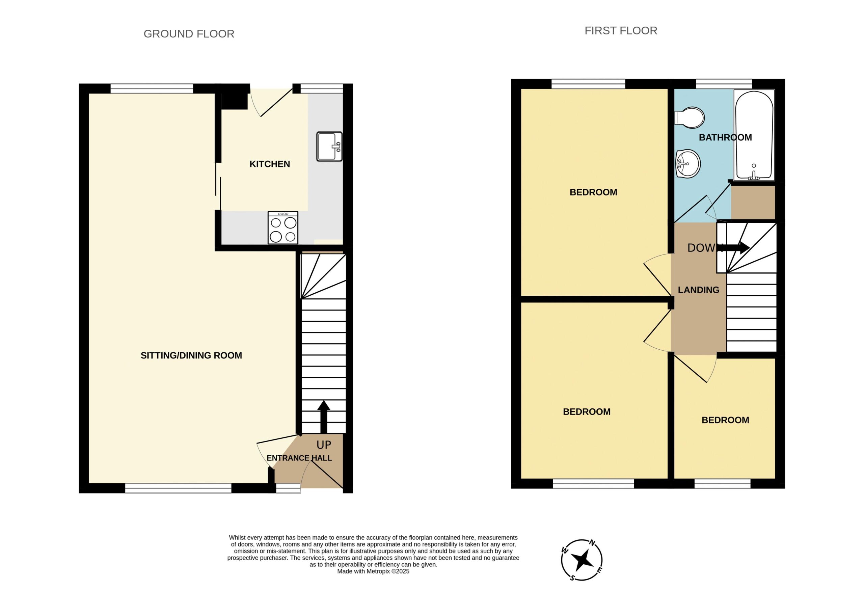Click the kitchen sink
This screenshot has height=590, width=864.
click(329, 146)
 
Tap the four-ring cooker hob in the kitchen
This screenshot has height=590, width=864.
click(283, 228)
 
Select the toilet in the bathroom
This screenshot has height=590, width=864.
click(689, 118)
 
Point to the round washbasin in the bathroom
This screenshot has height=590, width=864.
click(688, 164)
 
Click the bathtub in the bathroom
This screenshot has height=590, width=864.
click(754, 135)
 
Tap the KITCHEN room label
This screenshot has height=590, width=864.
click(270, 164)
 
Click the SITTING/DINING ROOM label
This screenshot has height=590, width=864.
click(191, 355)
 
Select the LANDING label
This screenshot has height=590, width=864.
click(699, 290)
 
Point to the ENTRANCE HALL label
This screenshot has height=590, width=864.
click(299, 458)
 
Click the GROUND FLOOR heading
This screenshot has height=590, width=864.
click(189, 34)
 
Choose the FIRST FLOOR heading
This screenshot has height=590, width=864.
click(621, 30)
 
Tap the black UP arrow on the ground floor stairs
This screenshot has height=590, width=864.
click(324, 417)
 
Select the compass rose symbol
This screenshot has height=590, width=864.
click(582, 560)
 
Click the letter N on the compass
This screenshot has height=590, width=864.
click(593, 543)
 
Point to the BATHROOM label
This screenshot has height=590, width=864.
click(725, 138)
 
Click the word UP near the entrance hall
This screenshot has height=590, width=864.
click(324, 445)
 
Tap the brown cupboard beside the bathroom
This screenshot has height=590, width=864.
click(753, 202)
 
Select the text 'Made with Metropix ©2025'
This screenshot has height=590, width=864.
click(373, 571)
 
